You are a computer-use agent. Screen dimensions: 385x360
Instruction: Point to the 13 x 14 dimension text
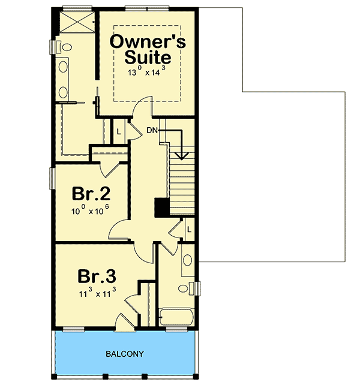point(147,72)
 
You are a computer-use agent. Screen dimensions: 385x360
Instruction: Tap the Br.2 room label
point(91,194)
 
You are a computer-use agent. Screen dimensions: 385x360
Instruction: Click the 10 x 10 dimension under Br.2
point(91,210)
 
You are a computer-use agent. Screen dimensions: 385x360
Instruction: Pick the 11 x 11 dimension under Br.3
point(97,293)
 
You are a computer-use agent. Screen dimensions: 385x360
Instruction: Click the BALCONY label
point(126,354)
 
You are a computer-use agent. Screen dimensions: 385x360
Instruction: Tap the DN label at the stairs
point(152,130)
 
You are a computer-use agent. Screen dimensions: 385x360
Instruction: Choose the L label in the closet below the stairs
point(188,230)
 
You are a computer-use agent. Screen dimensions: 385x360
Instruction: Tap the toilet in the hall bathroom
point(191,288)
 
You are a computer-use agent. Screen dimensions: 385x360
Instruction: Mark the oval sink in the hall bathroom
point(187,261)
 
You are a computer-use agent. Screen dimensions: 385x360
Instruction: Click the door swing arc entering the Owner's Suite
point(139,109)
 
